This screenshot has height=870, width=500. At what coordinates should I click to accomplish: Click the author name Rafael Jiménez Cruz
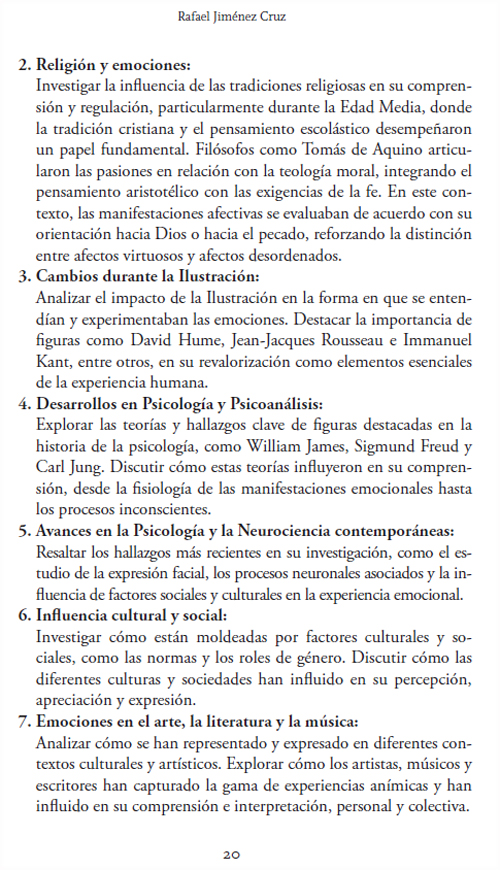point(250,15)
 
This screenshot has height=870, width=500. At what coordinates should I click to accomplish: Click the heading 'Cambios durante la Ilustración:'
point(147,275)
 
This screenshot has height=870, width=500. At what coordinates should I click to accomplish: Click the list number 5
point(24,530)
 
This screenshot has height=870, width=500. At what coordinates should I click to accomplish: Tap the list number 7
point(24,721)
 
